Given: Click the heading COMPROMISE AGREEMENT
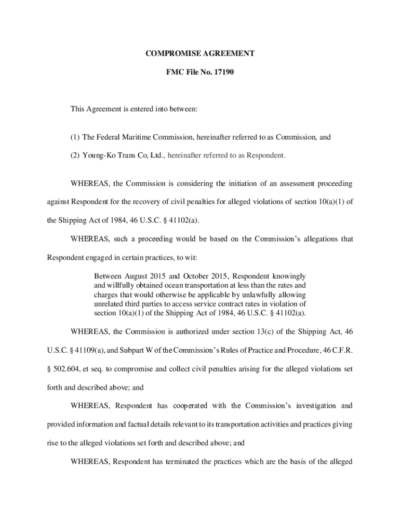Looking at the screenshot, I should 199,53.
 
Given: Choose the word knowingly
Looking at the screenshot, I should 287,275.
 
